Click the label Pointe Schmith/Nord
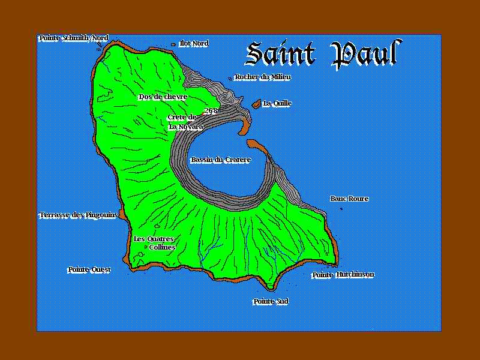73,38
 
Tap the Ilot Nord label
194,43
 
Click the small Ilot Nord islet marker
174,44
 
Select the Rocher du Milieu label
263,77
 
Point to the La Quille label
277,103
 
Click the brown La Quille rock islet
256,104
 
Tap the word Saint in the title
281,54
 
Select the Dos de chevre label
163,97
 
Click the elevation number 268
210,111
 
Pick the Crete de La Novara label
184,122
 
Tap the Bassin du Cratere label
220,160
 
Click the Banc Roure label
349,199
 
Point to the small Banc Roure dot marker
341,208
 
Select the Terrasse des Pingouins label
78,215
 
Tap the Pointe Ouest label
89,269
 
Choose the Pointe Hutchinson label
343,275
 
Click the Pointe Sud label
271,301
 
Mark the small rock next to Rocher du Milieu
230,78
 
